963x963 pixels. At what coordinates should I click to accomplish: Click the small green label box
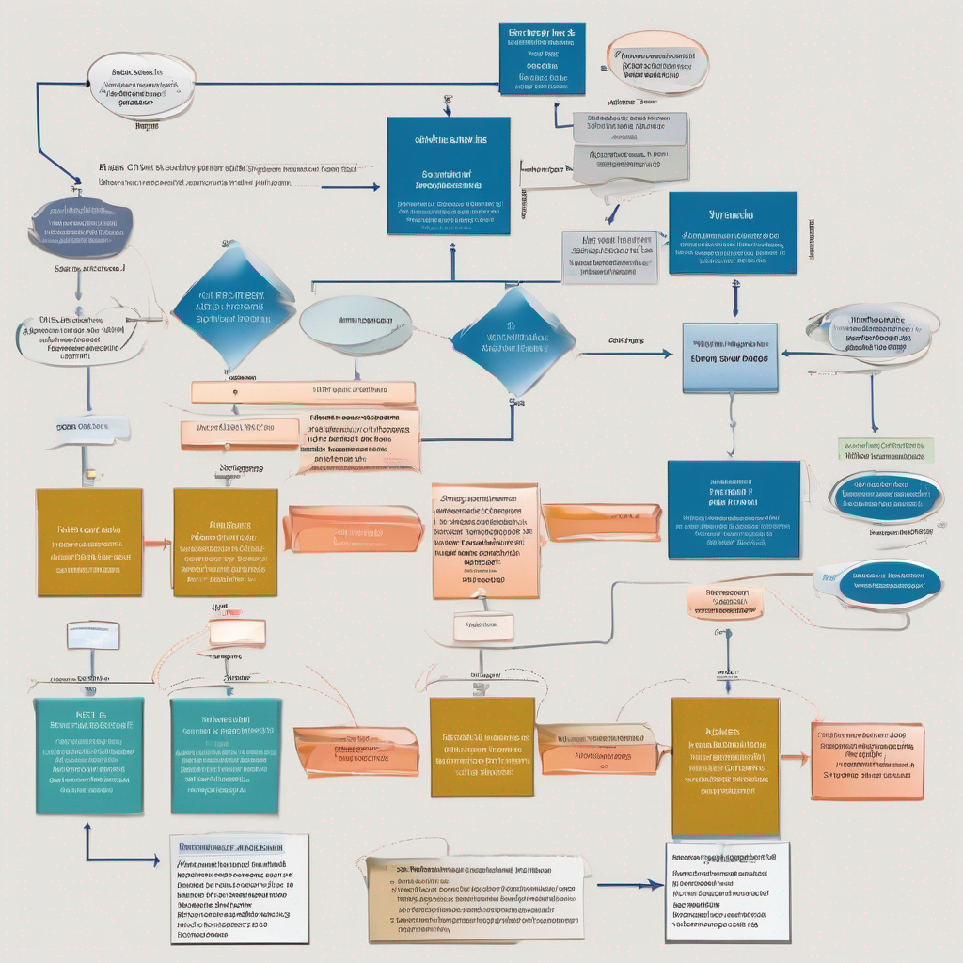[886, 450]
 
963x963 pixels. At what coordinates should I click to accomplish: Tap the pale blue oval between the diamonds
[355, 325]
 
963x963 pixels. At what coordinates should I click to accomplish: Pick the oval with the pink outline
[657, 62]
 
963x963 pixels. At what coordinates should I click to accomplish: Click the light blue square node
[730, 357]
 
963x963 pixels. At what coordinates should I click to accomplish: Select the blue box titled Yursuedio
[733, 233]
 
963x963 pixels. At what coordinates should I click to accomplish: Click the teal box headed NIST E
[89, 755]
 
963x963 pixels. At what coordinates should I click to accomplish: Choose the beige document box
[475, 898]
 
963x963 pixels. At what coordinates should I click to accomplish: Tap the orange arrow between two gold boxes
[157, 543]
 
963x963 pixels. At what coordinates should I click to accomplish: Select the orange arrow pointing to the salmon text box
[795, 756]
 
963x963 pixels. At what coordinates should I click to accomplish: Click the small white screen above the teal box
[93, 635]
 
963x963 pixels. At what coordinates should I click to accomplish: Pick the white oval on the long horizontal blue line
[141, 86]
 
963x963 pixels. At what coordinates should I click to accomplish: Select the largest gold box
[725, 766]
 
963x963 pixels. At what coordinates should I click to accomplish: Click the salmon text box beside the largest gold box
[867, 762]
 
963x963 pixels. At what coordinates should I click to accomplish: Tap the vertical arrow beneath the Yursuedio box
[735, 299]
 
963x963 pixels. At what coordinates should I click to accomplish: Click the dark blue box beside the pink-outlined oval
[542, 58]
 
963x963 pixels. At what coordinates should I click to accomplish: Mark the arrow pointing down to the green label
[874, 403]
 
